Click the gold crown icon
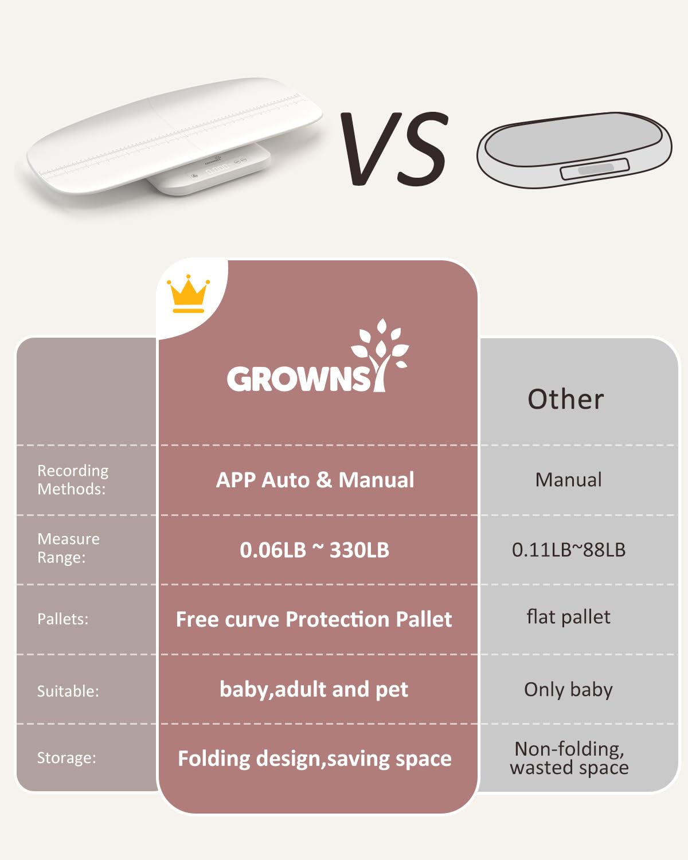[x=188, y=294]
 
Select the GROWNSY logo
[x=317, y=360]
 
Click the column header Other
[x=565, y=399]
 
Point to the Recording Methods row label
[x=73, y=480]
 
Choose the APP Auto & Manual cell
[x=315, y=480]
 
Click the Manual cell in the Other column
[x=568, y=480]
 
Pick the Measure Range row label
[x=68, y=548]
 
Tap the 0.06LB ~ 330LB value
[x=314, y=550]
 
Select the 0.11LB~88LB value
[x=568, y=550]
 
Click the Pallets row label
[x=63, y=619]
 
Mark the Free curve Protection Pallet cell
[x=314, y=619]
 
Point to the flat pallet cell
[x=568, y=617]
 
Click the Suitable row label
[x=68, y=691]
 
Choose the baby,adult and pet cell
[x=314, y=689]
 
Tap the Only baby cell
[x=568, y=689]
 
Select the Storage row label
[x=67, y=758]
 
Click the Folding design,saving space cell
[x=314, y=759]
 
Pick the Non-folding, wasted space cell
[x=569, y=758]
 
